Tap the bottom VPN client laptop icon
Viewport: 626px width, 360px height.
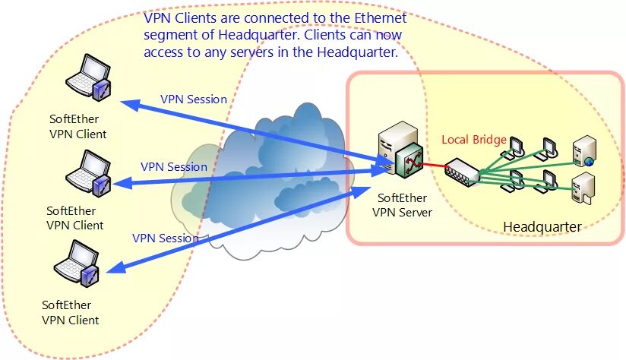point(77,265)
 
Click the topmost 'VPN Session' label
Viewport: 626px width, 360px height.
point(193,99)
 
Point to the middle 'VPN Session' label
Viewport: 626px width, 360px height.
point(174,166)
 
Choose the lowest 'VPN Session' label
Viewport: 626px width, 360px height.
point(166,238)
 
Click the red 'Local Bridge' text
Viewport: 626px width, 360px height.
point(474,140)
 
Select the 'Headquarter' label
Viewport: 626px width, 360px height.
point(542,226)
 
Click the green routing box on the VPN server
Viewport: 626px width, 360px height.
point(413,160)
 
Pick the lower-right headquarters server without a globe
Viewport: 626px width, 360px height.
point(582,188)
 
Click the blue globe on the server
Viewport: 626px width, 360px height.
point(588,161)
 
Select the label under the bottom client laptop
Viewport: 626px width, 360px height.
point(71,312)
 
